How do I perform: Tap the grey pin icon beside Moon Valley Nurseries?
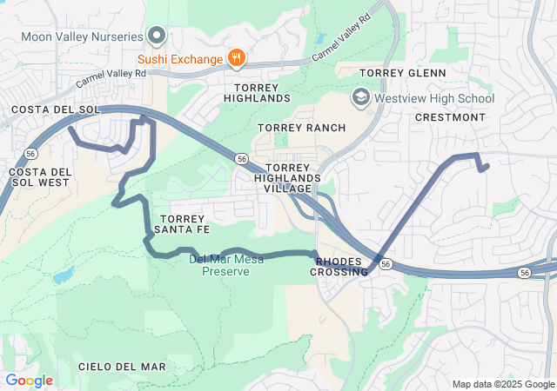157,36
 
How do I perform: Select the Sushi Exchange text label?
180,59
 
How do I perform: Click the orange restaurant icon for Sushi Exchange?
236,58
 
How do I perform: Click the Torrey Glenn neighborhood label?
402,73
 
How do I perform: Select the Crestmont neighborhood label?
450,117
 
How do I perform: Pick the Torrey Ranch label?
302,128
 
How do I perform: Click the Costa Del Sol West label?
39,177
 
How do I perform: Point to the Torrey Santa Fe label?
182,223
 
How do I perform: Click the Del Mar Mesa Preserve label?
219,265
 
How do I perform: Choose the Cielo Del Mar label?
122,367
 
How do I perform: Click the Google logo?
29,381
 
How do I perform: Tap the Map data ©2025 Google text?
503,384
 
